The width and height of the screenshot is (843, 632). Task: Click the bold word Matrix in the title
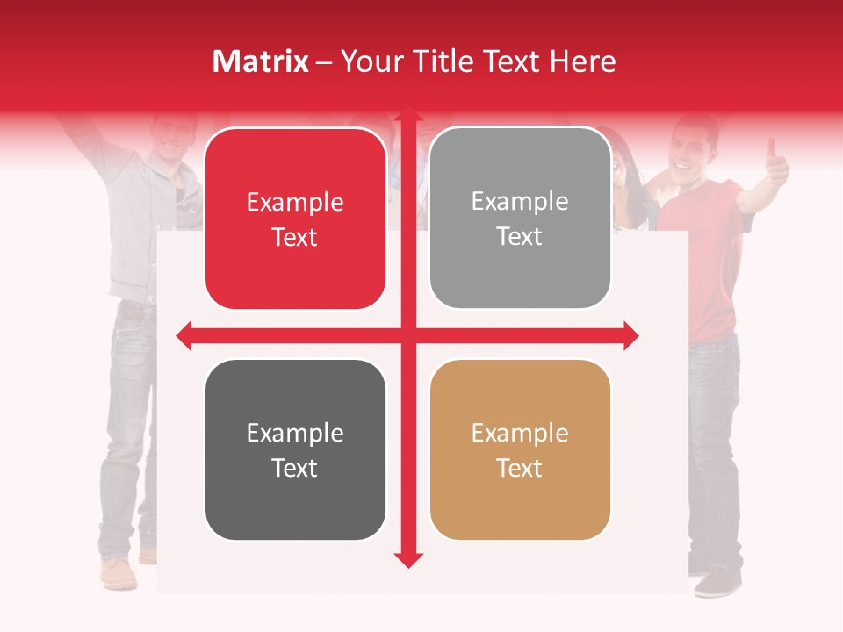pos(261,61)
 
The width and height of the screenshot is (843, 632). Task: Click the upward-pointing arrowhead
pos(408,116)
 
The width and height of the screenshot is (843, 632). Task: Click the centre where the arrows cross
pos(408,335)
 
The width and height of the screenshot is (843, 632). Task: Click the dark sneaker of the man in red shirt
pos(717,581)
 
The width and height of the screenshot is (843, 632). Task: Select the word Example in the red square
pos(295,203)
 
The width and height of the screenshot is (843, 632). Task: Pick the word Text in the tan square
pos(520,468)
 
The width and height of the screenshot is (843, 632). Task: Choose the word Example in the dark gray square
pos(295,433)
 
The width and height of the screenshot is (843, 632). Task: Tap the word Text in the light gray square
pos(520,237)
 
